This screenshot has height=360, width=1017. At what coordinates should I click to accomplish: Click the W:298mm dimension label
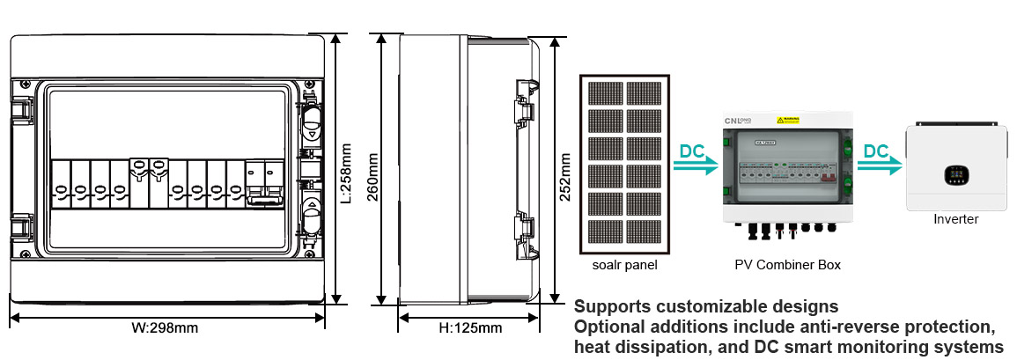click(x=165, y=328)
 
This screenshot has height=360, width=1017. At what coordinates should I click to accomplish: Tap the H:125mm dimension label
click(x=470, y=328)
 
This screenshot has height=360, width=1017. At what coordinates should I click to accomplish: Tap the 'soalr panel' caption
click(x=625, y=264)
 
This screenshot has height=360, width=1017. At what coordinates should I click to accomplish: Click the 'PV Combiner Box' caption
click(x=787, y=264)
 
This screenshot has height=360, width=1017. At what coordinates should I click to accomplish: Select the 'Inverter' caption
click(x=955, y=219)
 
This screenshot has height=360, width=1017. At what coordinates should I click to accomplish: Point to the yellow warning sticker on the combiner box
click(x=786, y=120)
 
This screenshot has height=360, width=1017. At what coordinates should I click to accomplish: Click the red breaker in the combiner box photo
click(x=828, y=174)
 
